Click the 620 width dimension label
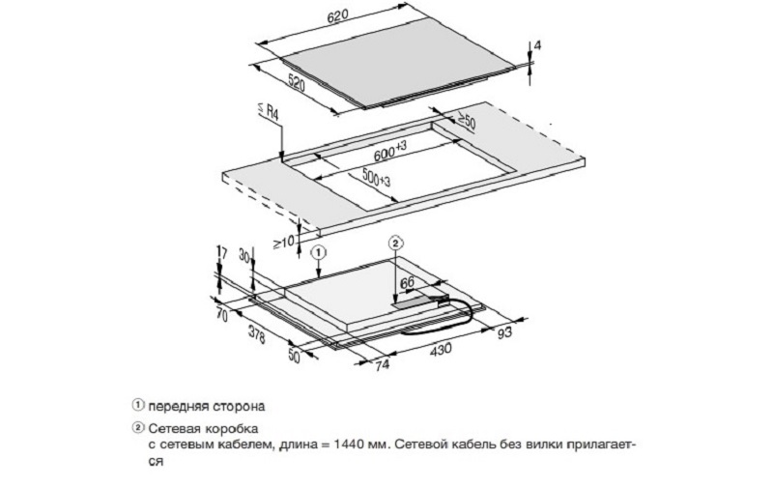tap(337, 15)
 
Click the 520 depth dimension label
tap(297, 82)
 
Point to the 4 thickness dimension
tap(537, 45)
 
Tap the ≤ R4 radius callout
tap(268, 112)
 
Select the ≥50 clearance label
tap(466, 121)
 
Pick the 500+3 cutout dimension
tap(376, 177)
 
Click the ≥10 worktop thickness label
tap(283, 242)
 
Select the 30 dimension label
tap(244, 255)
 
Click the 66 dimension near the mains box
tap(407, 283)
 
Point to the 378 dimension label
tap(256, 335)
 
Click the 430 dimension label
tap(441, 349)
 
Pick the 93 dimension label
tap(504, 333)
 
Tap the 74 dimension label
tap(382, 364)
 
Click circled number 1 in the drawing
tap(319, 253)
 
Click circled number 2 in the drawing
tap(395, 243)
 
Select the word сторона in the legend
tap(239, 407)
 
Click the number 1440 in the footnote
tap(349, 445)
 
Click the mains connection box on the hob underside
tap(420, 301)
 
